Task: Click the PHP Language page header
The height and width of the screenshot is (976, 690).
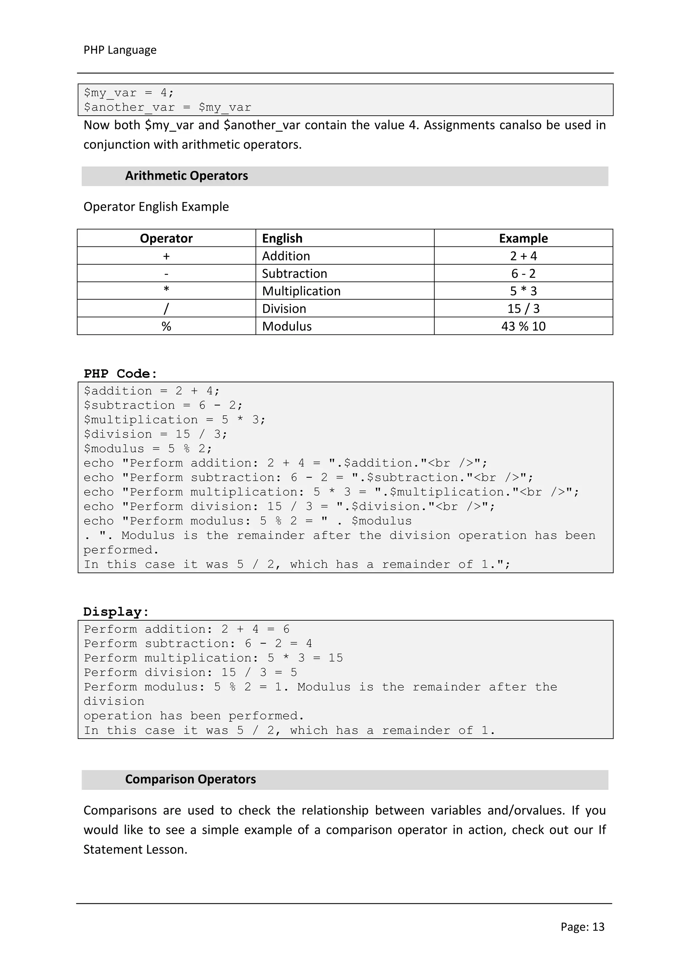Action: tap(120, 50)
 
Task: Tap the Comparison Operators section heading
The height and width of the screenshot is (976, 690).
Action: tap(190, 779)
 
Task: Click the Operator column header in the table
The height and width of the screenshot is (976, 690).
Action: tap(166, 238)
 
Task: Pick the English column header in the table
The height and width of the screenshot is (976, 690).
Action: tap(282, 238)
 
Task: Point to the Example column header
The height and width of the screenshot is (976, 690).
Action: tap(523, 238)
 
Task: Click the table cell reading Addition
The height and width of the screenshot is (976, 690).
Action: tap(286, 256)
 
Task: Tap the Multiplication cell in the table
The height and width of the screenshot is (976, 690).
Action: tap(301, 291)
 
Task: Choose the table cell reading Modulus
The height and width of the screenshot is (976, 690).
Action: tap(287, 326)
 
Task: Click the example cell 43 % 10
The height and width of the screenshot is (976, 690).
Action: tap(523, 326)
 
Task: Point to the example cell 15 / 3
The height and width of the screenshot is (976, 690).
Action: tap(523, 308)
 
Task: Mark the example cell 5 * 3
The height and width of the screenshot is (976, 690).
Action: tap(523, 291)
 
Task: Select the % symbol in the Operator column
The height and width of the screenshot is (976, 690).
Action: tap(166, 326)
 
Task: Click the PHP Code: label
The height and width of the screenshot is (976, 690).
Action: tap(120, 374)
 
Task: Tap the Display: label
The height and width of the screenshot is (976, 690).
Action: tap(116, 612)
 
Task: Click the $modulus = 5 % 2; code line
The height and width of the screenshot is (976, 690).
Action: tap(148, 449)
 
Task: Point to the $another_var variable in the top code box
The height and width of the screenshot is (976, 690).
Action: tap(129, 108)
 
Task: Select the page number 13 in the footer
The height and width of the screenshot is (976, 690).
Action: tap(598, 927)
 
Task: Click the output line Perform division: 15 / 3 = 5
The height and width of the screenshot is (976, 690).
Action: tap(190, 673)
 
